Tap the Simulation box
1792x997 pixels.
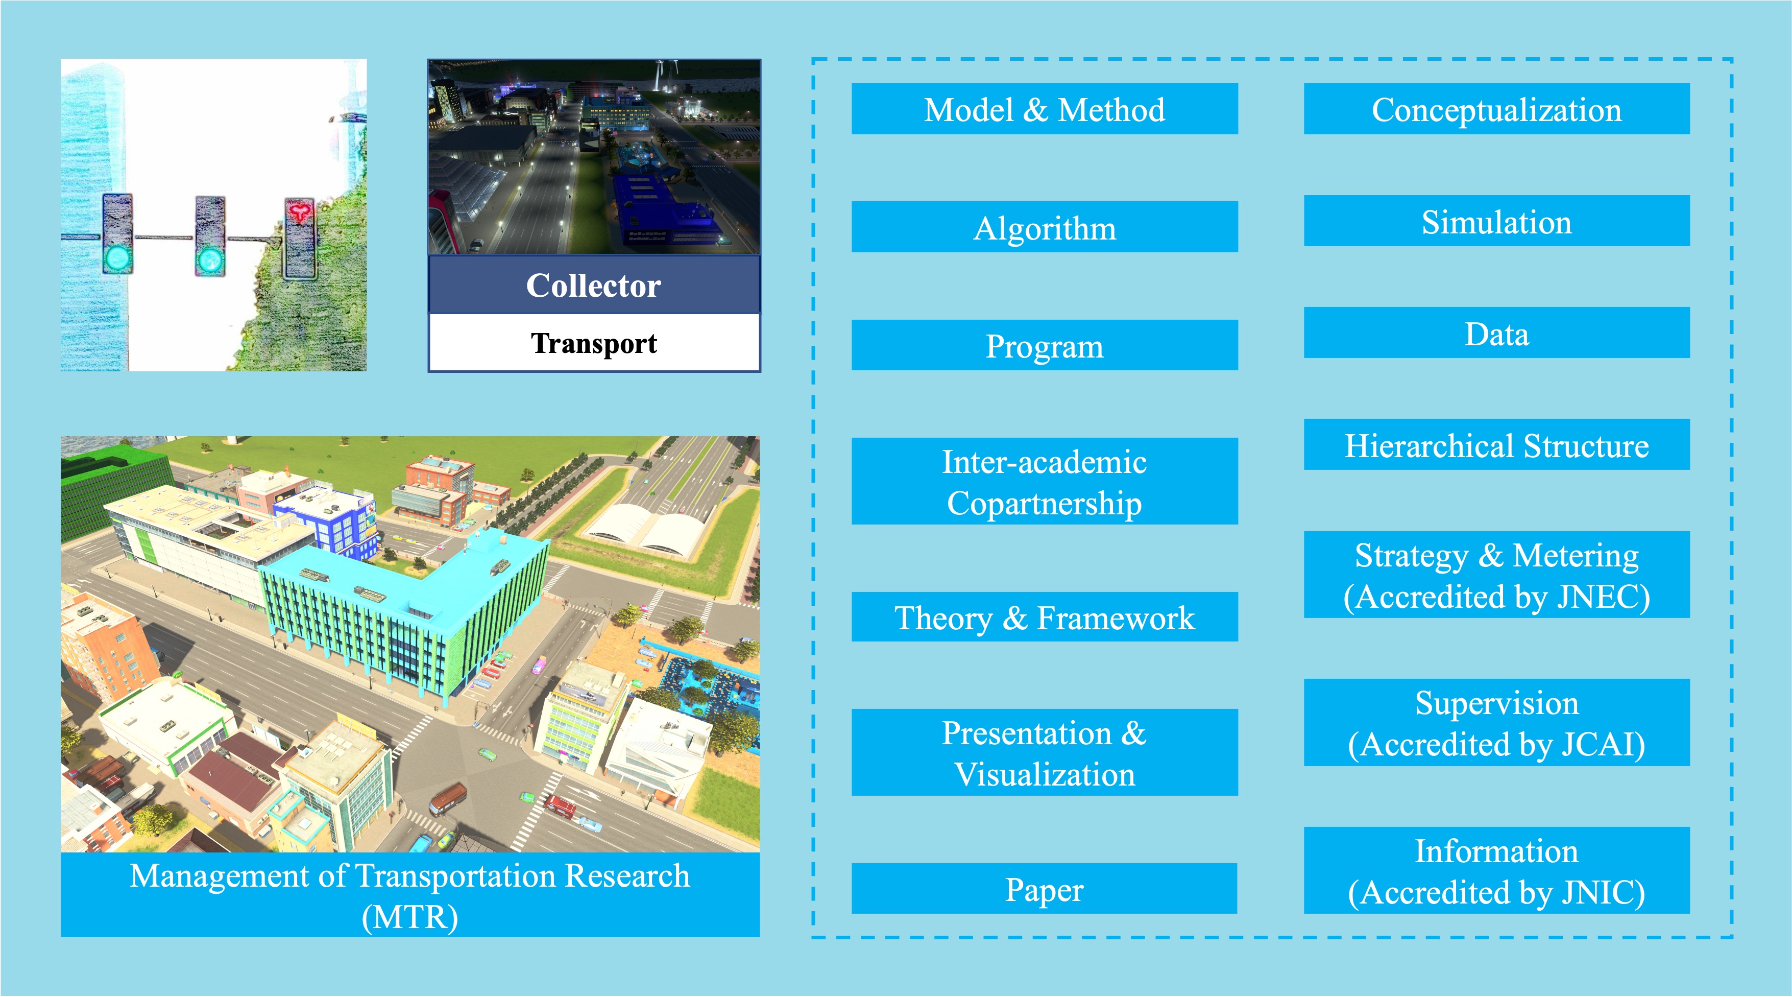coord(1496,221)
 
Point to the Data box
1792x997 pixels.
coord(1496,333)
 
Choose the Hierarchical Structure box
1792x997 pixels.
coord(1496,444)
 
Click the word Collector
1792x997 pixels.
coord(593,285)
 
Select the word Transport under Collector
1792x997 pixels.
coord(593,344)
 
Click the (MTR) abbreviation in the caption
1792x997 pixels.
coord(410,917)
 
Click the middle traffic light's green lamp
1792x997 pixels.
coord(209,261)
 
